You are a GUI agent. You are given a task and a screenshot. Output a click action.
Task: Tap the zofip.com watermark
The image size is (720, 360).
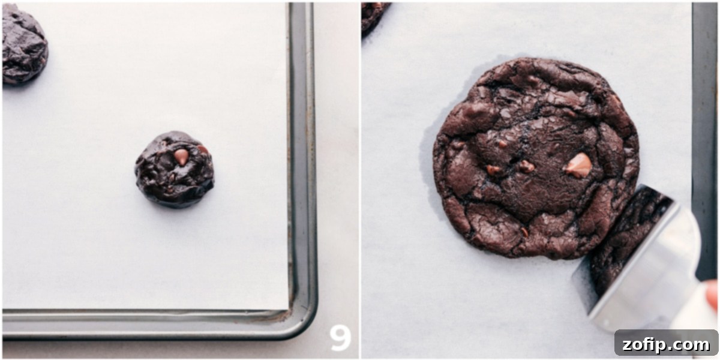point(666,344)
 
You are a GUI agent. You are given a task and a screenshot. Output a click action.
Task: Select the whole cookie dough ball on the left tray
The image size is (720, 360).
point(174,170)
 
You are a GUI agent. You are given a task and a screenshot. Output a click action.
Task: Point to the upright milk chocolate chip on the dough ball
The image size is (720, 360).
point(181,156)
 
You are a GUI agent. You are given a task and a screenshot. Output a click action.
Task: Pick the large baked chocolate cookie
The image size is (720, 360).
point(534,156)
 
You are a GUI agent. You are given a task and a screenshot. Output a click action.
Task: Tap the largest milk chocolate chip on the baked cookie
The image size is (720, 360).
point(579,165)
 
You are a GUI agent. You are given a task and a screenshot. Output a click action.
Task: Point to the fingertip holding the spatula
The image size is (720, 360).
point(712,294)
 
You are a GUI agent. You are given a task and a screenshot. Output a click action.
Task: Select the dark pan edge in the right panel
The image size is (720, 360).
point(704,120)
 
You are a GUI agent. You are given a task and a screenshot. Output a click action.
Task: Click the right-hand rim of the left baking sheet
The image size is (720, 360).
point(303,150)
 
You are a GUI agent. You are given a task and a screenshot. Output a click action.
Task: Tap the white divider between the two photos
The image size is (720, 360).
point(360,180)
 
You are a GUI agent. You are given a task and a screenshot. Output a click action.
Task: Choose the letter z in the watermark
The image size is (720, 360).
point(628,345)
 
